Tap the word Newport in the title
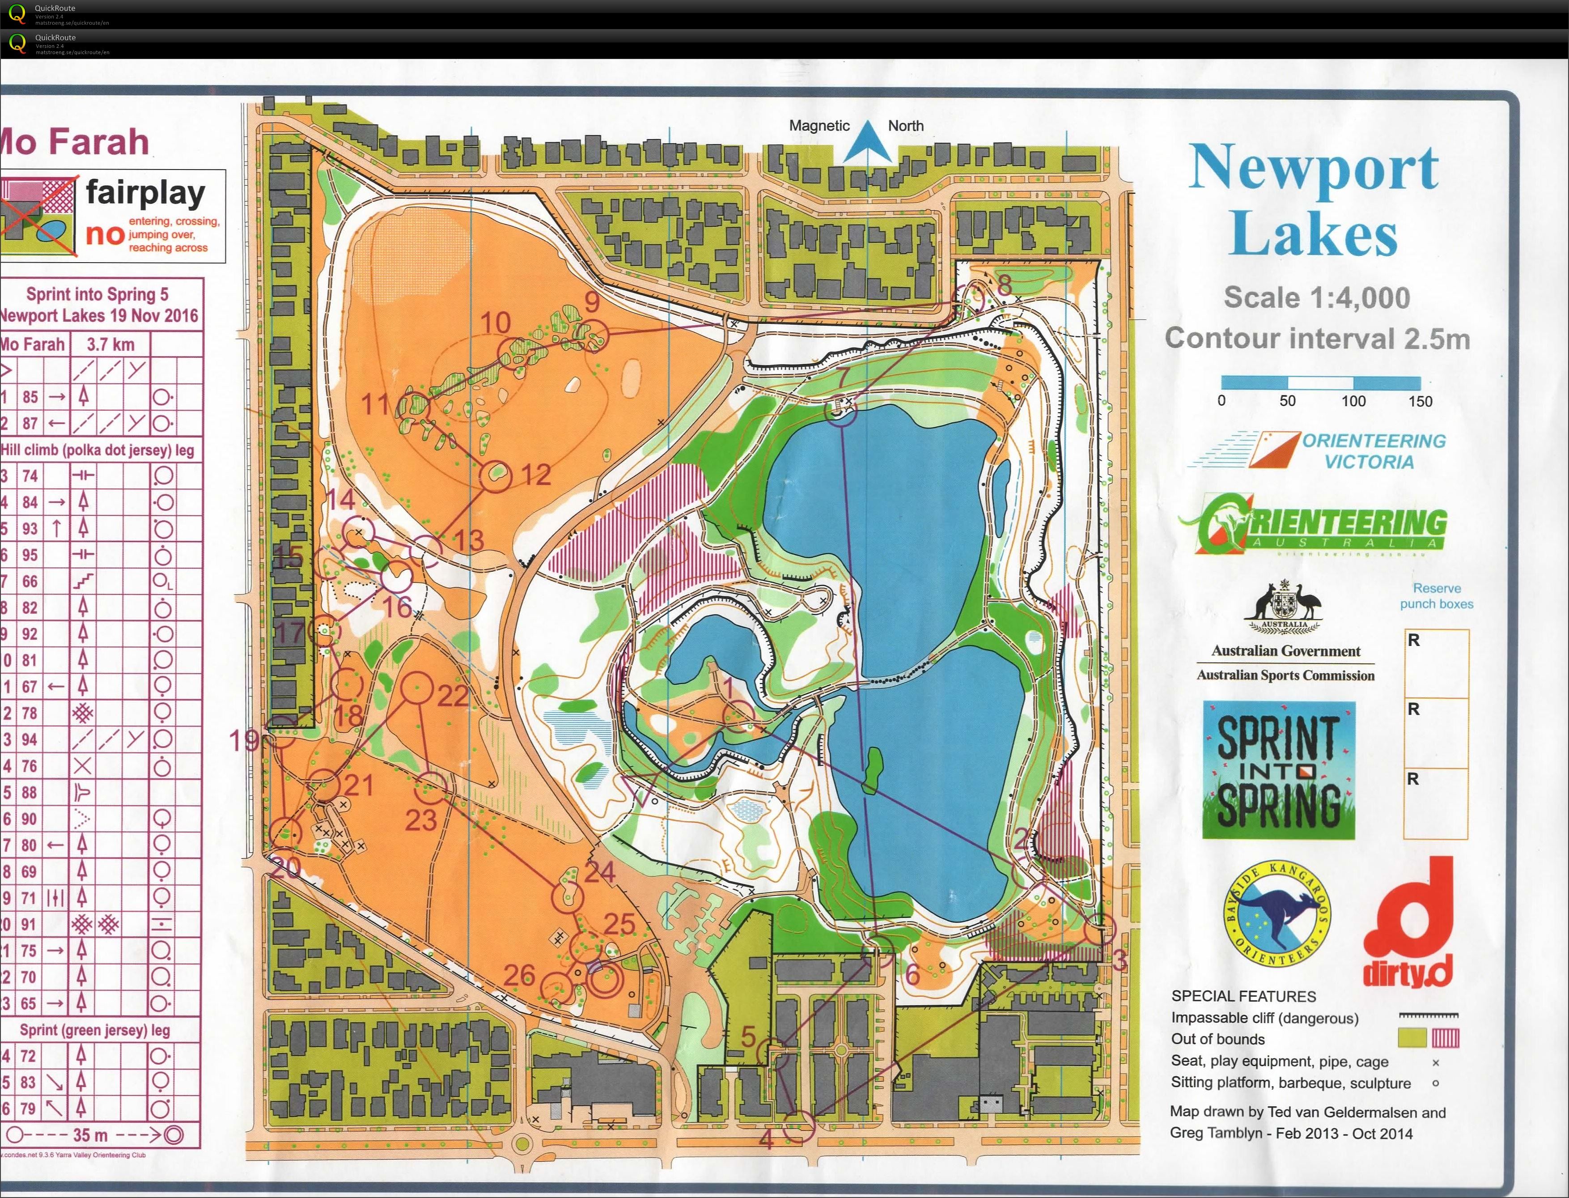(x=1313, y=168)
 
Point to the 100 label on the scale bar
(x=1353, y=401)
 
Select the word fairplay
(x=145, y=192)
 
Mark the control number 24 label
(x=599, y=871)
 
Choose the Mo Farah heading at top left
(x=75, y=142)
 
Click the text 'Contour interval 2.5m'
(x=1317, y=339)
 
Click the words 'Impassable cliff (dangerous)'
(x=1264, y=1018)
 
